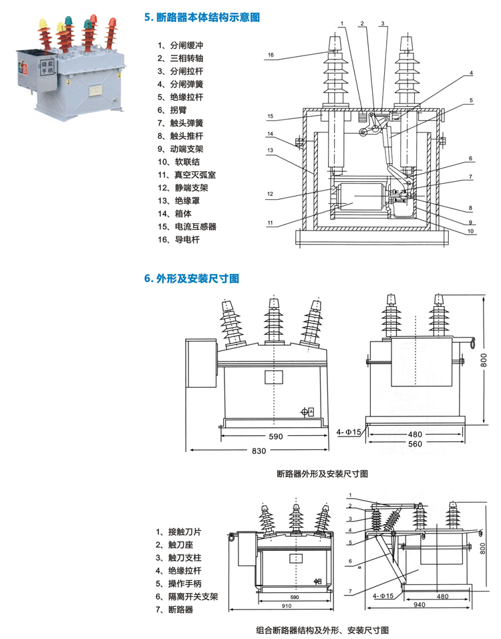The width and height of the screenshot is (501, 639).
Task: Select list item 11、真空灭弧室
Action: click(x=187, y=174)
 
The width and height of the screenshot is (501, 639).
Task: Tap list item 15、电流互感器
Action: click(x=187, y=226)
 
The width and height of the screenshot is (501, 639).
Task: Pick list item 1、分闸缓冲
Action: click(x=180, y=45)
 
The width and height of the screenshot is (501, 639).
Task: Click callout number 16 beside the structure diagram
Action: click(x=271, y=55)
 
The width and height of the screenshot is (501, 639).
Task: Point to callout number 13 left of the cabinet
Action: click(x=271, y=151)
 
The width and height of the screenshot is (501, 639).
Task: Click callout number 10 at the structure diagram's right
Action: click(x=470, y=232)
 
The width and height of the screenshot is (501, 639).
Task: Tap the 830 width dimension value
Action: click(x=259, y=451)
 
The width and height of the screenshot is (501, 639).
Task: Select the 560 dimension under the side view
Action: click(x=416, y=444)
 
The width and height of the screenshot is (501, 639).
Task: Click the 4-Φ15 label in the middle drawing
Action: click(x=349, y=432)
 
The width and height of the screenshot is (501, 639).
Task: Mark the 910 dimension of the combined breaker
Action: click(x=287, y=605)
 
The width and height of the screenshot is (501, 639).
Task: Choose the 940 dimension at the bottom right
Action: click(x=420, y=605)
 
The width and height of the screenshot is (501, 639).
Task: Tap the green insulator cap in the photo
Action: click(x=88, y=26)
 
